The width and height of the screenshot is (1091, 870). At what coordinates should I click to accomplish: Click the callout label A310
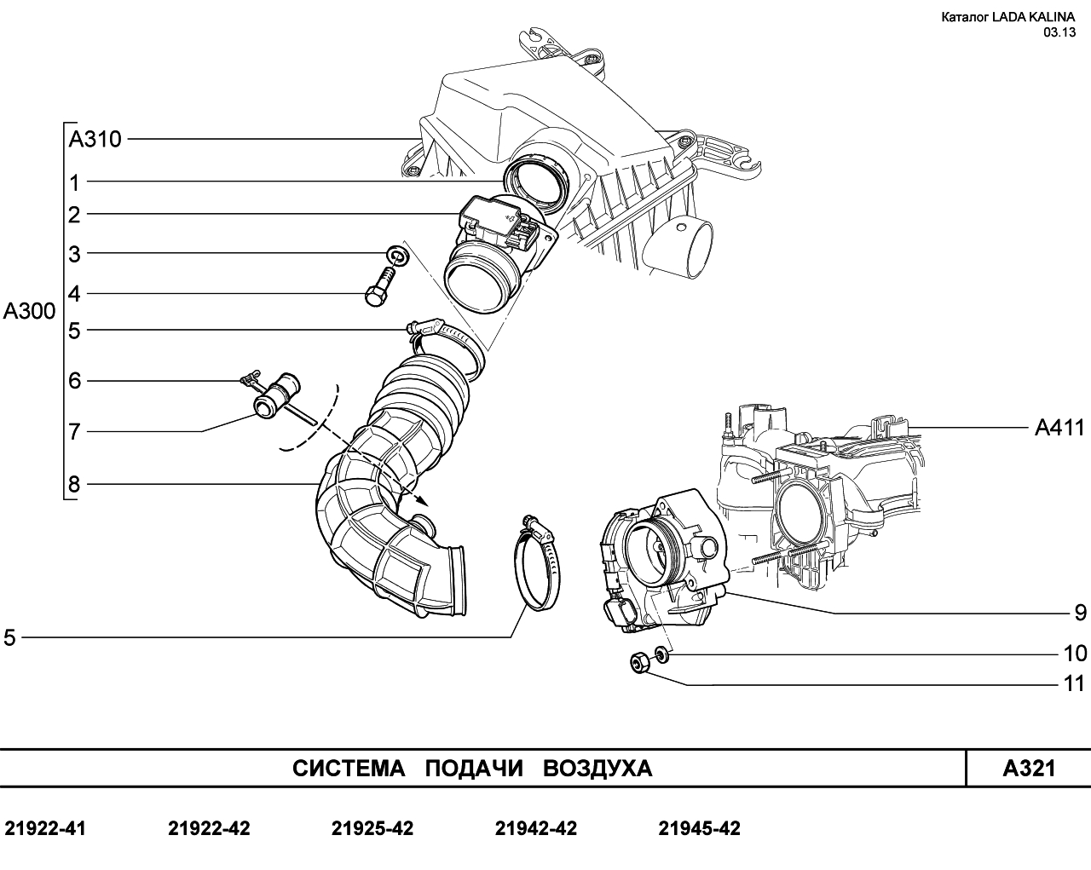pos(95,139)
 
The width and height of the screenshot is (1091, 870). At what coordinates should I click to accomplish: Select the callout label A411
pos(1059,428)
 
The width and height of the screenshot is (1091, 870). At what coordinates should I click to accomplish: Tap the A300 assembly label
pos(29,311)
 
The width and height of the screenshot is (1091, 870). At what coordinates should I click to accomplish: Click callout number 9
pos(1081,613)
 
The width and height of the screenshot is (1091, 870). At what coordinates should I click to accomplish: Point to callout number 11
pos(1074,684)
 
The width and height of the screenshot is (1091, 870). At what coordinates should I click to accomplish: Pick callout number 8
pos(74,484)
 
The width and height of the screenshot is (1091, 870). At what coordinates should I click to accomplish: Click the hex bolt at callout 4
pos(379,287)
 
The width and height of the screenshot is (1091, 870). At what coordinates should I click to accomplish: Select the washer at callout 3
pos(397,256)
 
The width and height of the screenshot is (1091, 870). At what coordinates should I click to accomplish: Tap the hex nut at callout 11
pos(639,663)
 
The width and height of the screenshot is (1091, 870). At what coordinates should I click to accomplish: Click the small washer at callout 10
pos(661,654)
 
